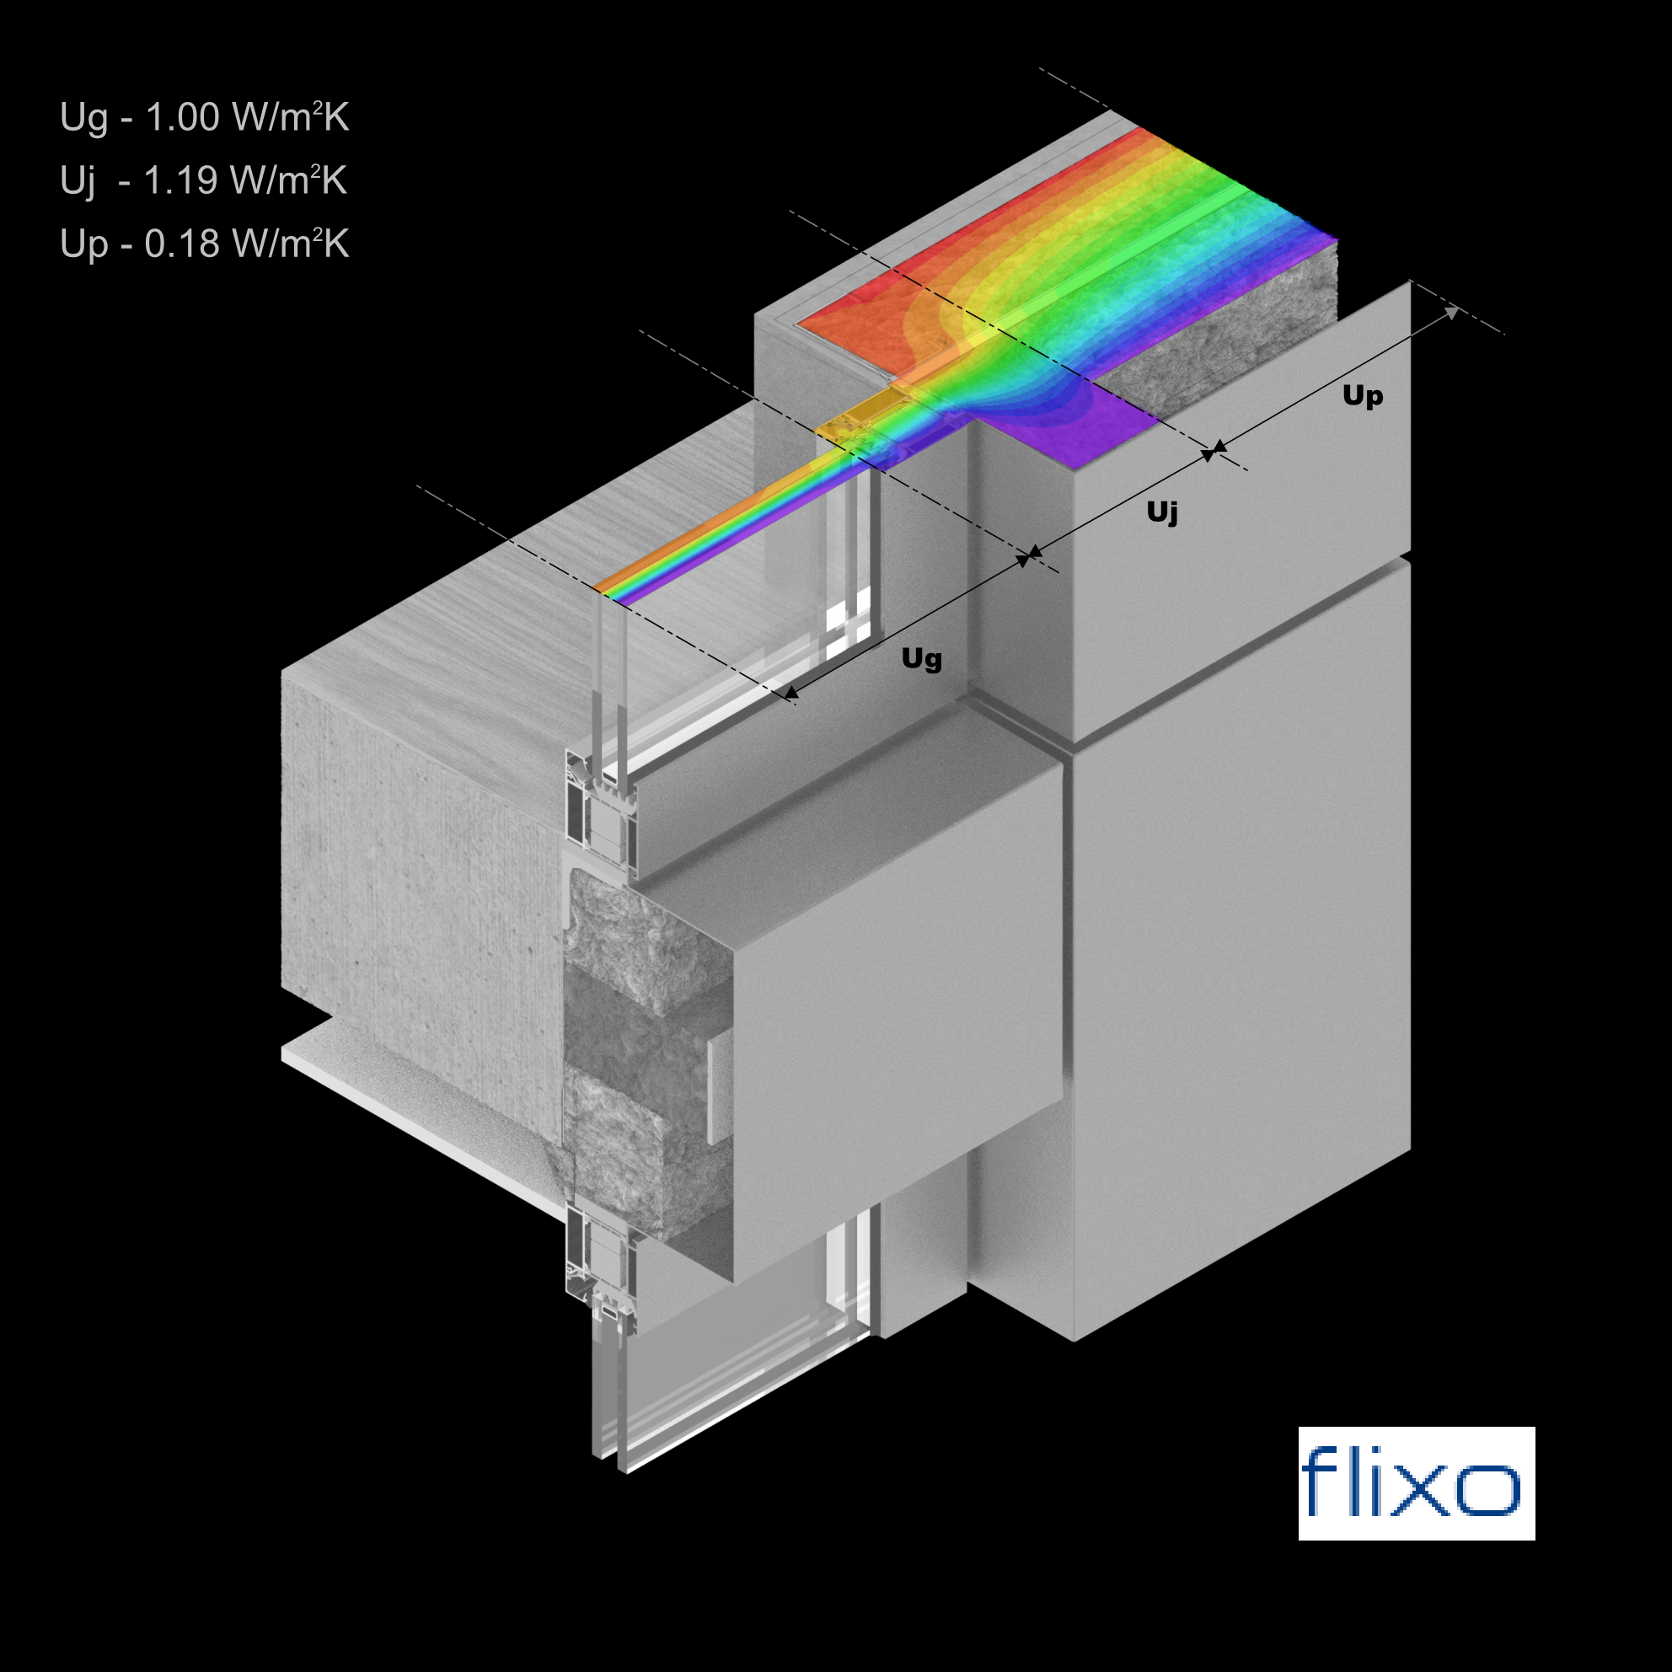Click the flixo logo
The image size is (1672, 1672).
pyautogui.click(x=1416, y=1482)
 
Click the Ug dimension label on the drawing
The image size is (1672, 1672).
pyautogui.click(x=922, y=658)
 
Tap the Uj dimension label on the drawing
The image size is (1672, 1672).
pyautogui.click(x=1162, y=512)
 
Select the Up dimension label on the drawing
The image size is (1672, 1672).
pyautogui.click(x=1362, y=396)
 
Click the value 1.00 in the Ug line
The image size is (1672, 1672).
pyautogui.click(x=182, y=117)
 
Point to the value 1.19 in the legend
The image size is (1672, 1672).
pyautogui.click(x=180, y=180)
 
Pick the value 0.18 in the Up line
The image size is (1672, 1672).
pyautogui.click(x=182, y=244)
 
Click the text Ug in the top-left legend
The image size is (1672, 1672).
pyautogui.click(x=84, y=119)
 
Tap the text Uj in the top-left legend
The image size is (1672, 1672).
pyautogui.click(x=78, y=182)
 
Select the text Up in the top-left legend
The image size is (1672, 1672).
pyautogui.click(x=84, y=245)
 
